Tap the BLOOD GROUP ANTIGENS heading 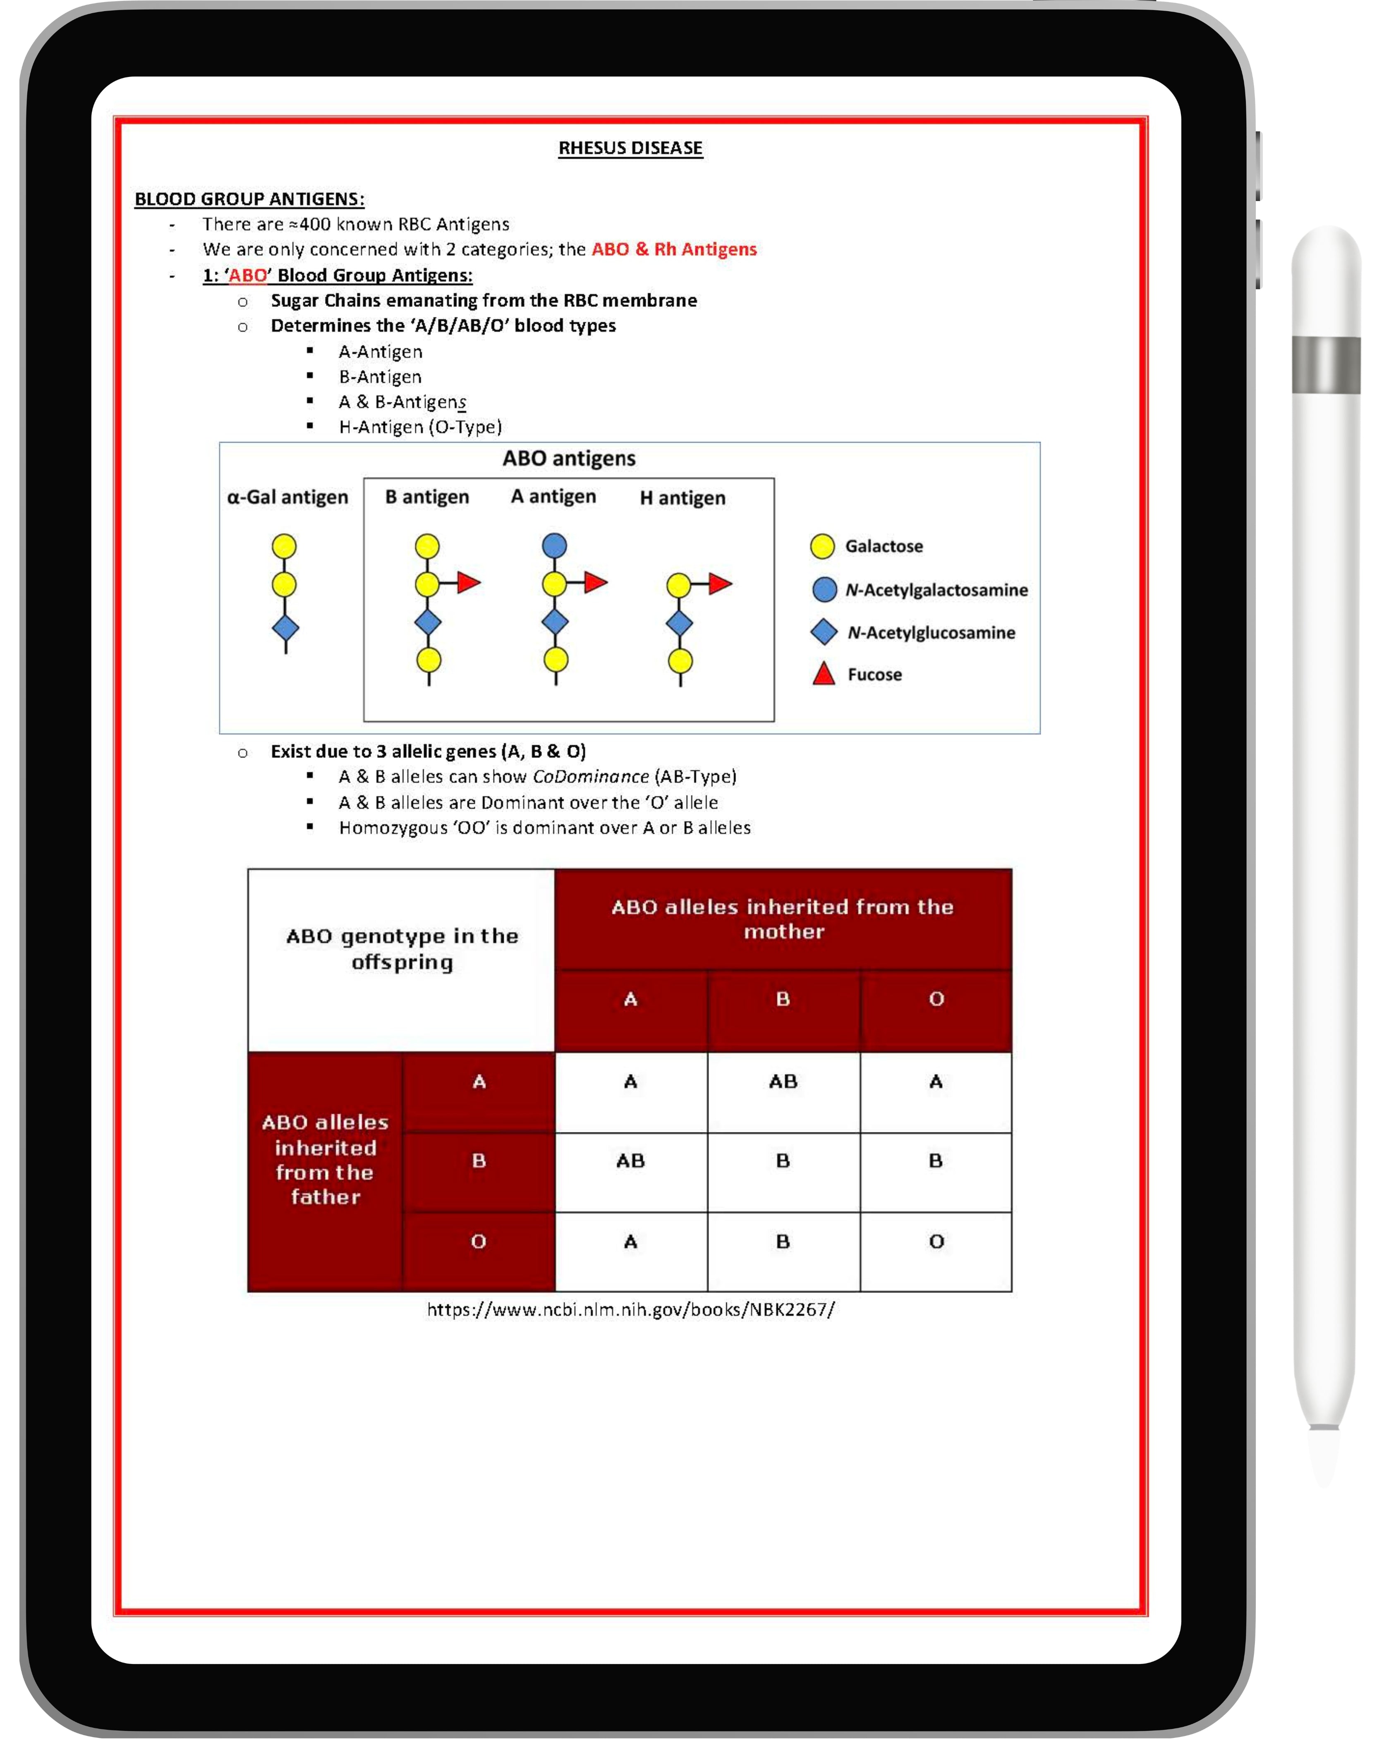[x=249, y=199]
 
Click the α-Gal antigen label [x=287, y=497]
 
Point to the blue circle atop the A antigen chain [x=554, y=546]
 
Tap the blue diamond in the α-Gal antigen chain [x=285, y=627]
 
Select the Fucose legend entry [x=874, y=674]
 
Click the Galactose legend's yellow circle [x=822, y=546]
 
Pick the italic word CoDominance [x=591, y=777]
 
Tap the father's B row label [x=479, y=1161]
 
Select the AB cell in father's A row [x=783, y=1081]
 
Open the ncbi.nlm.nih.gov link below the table [x=630, y=1309]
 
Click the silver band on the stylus [x=1326, y=365]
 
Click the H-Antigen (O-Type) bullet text [x=420, y=427]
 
